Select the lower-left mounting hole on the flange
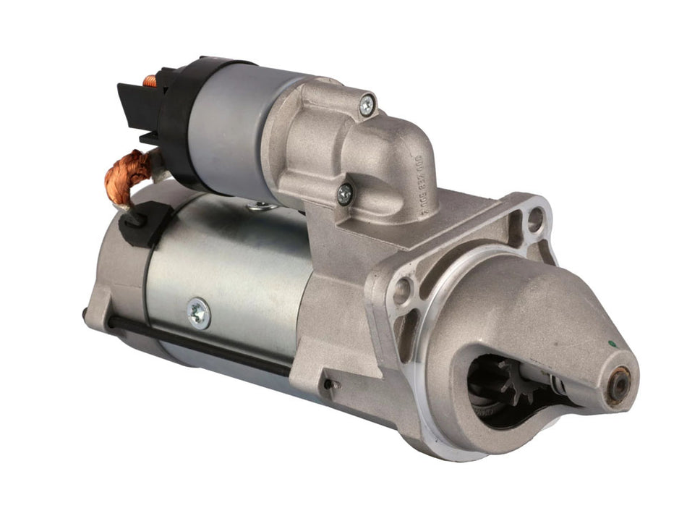pos(401,291)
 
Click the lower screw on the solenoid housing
pos(346,193)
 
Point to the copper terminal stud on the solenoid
pos(150,80)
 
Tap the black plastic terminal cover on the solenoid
pos(142,109)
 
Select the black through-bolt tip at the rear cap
pos(87,314)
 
